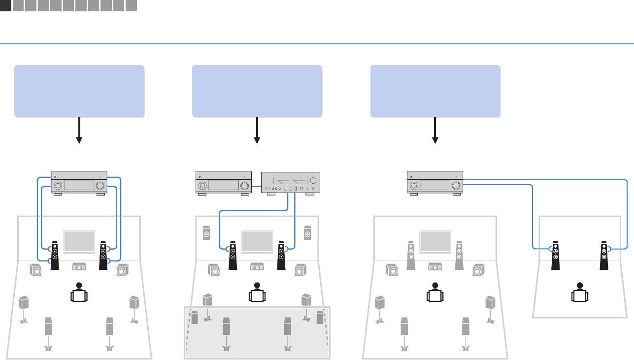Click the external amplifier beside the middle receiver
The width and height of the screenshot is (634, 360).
tap(290, 183)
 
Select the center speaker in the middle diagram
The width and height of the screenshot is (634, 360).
tap(257, 267)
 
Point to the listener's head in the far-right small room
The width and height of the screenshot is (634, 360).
tap(580, 286)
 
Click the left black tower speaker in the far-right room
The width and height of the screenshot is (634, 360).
tap(555, 255)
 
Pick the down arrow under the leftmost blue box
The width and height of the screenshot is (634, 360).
tap(79, 131)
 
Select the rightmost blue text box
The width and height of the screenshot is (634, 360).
tap(435, 91)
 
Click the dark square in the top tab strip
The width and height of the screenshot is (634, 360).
tap(5, 6)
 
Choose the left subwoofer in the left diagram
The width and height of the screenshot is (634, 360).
tap(35, 270)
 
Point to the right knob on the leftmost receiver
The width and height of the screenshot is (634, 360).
tap(100, 186)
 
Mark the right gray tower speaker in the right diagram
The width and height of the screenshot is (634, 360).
tap(459, 255)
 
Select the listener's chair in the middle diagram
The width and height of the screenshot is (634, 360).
tap(257, 296)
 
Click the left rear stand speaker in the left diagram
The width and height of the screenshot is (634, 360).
tap(48, 327)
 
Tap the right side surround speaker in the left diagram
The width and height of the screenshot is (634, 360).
tap(134, 302)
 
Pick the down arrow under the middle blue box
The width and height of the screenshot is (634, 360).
tap(257, 131)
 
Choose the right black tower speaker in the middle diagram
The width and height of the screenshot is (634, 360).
tap(281, 255)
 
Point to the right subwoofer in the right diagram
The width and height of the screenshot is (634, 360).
tap(477, 270)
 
